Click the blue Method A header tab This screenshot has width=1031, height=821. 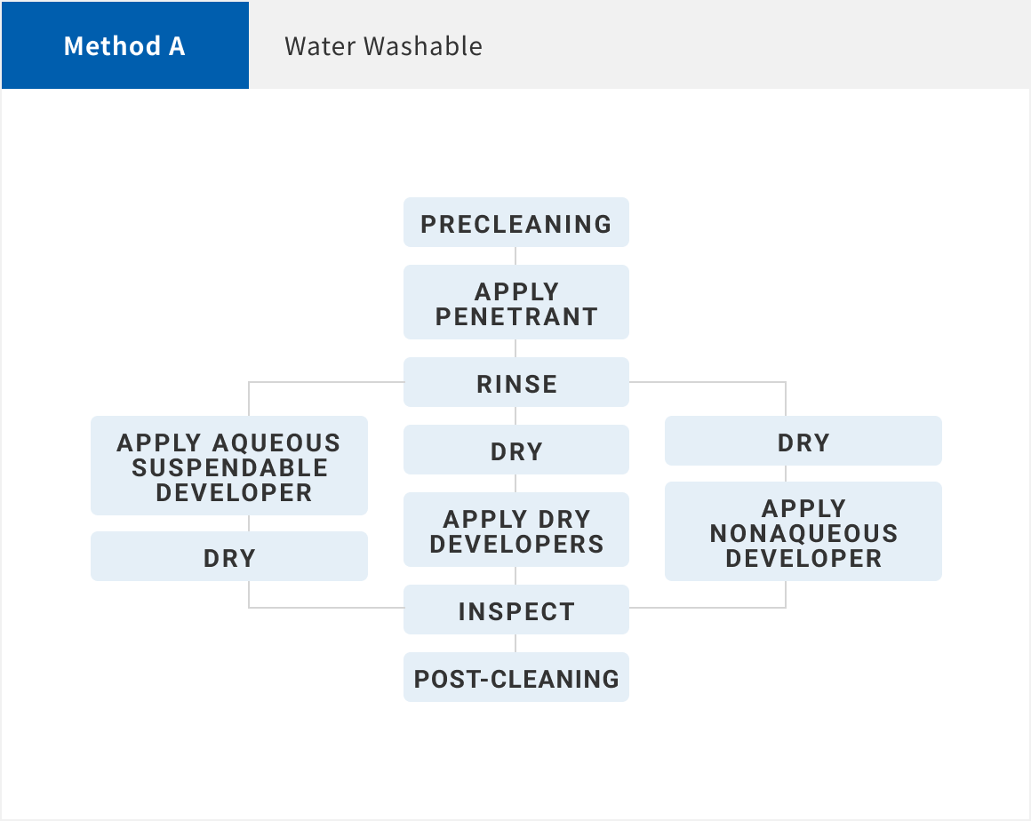click(x=125, y=45)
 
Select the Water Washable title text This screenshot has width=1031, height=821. click(x=383, y=46)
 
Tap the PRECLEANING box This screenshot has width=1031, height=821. click(x=516, y=222)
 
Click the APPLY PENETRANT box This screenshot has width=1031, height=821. click(x=516, y=302)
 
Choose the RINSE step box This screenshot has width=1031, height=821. click(x=516, y=382)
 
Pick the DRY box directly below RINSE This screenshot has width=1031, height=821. click(x=516, y=450)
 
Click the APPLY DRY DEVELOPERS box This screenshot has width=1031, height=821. click(x=516, y=530)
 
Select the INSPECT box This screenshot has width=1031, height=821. click(x=516, y=610)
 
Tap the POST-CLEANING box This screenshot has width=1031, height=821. click(x=516, y=677)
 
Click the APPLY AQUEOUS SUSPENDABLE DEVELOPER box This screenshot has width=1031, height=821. click(x=228, y=466)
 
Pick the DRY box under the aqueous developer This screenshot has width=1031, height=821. click(x=228, y=556)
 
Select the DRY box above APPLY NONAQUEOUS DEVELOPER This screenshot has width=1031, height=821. click(x=803, y=441)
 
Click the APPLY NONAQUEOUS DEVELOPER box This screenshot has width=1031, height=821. click(x=803, y=531)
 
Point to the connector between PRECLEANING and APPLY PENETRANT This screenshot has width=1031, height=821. click(x=515, y=257)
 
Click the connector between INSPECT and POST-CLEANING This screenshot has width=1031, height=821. click(x=515, y=643)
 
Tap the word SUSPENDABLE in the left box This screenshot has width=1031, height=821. click(x=229, y=468)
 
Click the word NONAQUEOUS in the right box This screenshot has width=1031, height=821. click(x=803, y=534)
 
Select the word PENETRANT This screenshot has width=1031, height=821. click(x=516, y=317)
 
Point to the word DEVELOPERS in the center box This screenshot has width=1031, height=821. click(x=516, y=545)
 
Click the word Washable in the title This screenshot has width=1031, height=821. click(x=423, y=46)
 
